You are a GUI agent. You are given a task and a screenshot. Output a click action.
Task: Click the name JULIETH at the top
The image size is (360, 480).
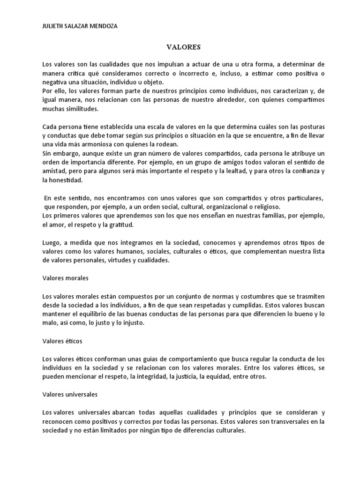(x=53, y=26)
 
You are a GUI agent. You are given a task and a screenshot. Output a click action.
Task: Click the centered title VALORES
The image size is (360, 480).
(x=184, y=47)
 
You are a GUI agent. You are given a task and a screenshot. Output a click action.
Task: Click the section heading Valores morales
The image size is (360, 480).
(x=65, y=278)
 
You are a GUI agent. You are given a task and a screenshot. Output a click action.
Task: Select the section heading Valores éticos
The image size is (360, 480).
(x=62, y=341)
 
